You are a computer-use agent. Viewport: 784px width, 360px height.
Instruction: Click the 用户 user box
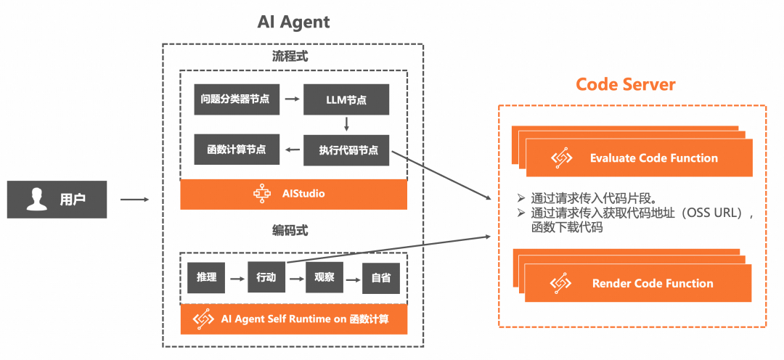pyautogui.click(x=57, y=199)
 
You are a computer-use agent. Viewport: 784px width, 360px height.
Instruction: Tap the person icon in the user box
pyautogui.click(x=36, y=199)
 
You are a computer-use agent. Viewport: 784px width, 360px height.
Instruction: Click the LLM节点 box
pyautogui.click(x=346, y=99)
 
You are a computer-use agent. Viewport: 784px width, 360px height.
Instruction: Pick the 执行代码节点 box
pyautogui.click(x=346, y=150)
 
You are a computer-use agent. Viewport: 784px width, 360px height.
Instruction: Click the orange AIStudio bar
pyautogui.click(x=293, y=194)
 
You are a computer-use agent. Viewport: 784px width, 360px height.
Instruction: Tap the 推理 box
pyautogui.click(x=205, y=278)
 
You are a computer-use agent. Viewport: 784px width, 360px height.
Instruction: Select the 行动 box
pyautogui.click(x=266, y=278)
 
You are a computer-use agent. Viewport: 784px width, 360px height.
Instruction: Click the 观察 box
pyautogui.click(x=324, y=278)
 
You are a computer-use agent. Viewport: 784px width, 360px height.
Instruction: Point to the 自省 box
pyautogui.click(x=381, y=278)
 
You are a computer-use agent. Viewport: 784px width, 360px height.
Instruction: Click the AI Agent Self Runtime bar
pyautogui.click(x=293, y=319)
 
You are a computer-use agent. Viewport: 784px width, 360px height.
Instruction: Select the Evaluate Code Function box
pyautogui.click(x=639, y=158)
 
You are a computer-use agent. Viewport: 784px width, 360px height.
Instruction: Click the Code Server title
pyautogui.click(x=625, y=84)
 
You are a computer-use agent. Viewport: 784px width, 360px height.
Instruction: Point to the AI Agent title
pyautogui.click(x=293, y=22)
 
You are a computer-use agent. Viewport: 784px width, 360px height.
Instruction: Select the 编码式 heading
pyautogui.click(x=290, y=231)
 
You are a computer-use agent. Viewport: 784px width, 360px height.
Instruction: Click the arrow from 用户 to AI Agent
pyautogui.click(x=134, y=199)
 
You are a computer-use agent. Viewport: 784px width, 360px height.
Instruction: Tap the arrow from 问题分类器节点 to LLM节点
pyautogui.click(x=292, y=99)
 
